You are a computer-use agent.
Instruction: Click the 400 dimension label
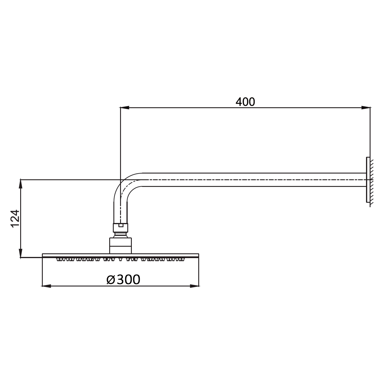[x=245, y=102]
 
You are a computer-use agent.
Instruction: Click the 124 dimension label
[x=15, y=218]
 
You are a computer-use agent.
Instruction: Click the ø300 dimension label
[x=123, y=279]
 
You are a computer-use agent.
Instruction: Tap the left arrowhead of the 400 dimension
[x=125, y=108]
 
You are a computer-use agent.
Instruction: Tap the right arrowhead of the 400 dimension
[x=366, y=108]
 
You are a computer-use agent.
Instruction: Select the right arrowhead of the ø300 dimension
[x=194, y=286]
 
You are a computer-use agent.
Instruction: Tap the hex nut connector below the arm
[x=121, y=228]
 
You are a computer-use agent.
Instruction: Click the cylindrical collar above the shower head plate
[x=121, y=245]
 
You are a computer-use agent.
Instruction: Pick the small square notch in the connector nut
[x=121, y=225]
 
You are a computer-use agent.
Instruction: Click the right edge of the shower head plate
[x=198, y=255]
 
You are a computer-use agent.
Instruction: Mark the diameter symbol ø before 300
[x=111, y=280]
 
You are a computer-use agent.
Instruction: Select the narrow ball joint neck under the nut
[x=121, y=235]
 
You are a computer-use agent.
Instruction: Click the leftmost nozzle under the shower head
[x=59, y=259]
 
